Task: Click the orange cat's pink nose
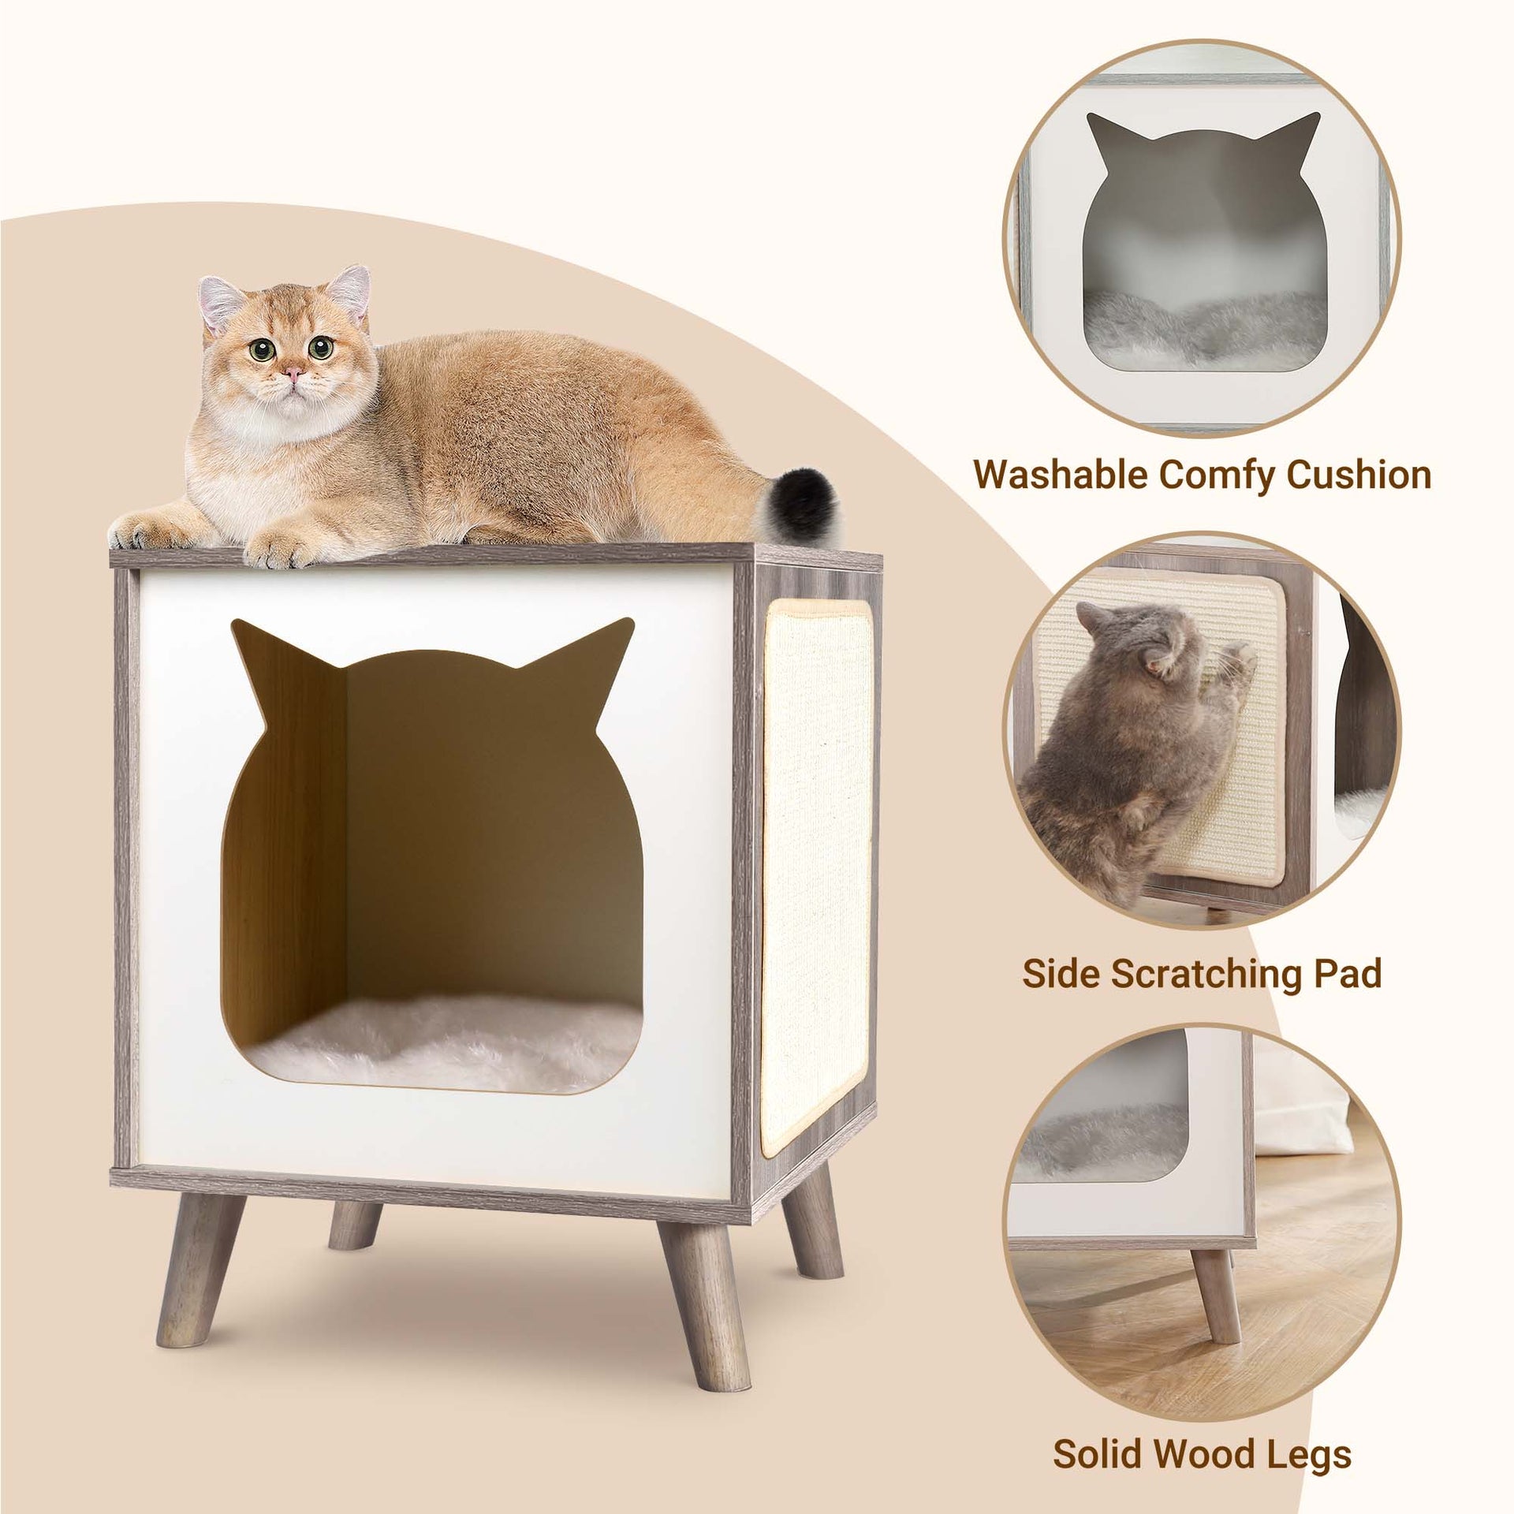pyautogui.click(x=293, y=371)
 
